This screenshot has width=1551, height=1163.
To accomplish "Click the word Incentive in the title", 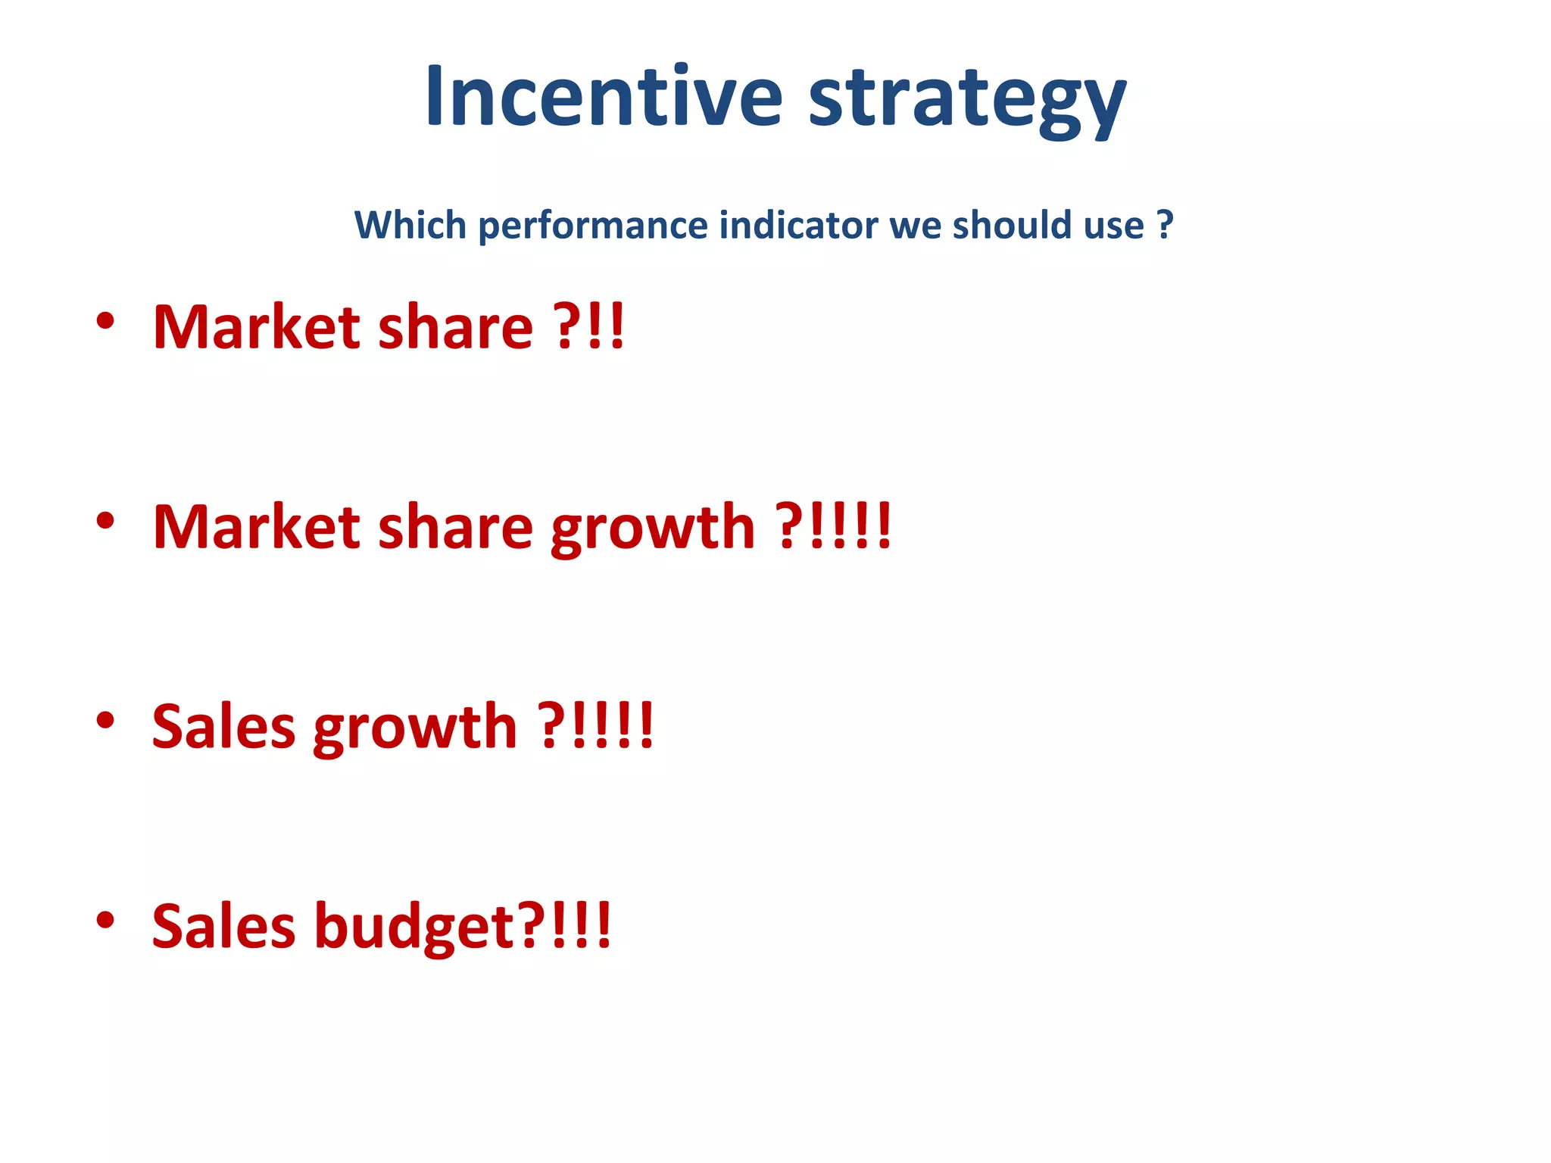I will point(603,97).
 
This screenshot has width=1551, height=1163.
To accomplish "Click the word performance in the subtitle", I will point(593,226).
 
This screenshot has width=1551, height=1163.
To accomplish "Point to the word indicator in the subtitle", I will point(799,225).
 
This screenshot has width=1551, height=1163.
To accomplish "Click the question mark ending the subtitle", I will point(1165,225).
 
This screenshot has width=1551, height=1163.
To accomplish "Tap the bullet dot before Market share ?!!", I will point(105,320).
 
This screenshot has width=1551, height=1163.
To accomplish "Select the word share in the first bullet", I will point(455,327).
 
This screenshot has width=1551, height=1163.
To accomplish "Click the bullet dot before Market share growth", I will point(105,520).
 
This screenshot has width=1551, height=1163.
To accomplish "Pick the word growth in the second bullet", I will point(653,529).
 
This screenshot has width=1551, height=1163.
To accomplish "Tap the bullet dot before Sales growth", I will point(105,720).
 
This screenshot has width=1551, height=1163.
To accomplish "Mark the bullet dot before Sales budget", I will point(105,920).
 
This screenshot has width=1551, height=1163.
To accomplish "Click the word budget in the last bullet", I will point(414,928).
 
